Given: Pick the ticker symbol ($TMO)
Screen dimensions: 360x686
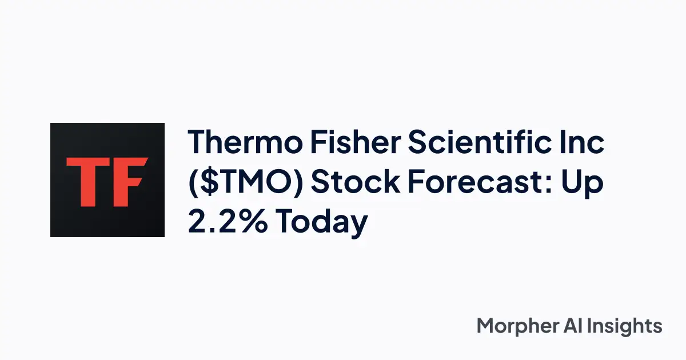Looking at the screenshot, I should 245,183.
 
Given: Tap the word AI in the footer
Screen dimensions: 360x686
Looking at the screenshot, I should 579,326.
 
